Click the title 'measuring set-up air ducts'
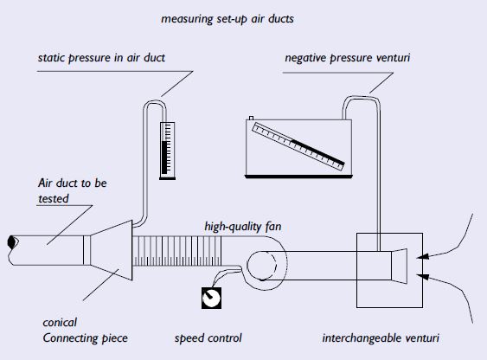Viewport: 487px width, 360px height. point(227,19)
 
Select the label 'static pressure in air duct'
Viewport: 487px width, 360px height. point(101,58)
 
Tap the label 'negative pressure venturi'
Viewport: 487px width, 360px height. point(348,58)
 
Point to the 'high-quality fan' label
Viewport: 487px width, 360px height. point(243,227)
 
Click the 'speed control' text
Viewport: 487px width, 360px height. point(208,338)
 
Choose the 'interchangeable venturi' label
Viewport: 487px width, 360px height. point(381,338)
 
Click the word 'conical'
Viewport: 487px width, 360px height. point(60,323)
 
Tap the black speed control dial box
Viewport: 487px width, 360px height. point(212,298)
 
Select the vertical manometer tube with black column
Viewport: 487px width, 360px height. point(168,151)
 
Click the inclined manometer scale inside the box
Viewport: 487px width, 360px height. point(298,146)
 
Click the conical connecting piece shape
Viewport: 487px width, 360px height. point(112,250)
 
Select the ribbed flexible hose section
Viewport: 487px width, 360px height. point(177,251)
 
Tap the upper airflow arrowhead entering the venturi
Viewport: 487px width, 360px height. point(423,256)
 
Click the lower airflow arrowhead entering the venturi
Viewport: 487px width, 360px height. point(423,276)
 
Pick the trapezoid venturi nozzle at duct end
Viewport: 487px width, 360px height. point(399,266)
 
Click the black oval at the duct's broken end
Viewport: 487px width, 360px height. point(12,242)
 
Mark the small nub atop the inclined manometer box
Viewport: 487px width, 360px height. point(251,118)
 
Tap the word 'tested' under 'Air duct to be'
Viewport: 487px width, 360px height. point(54,199)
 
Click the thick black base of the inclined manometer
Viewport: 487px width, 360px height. point(298,177)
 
